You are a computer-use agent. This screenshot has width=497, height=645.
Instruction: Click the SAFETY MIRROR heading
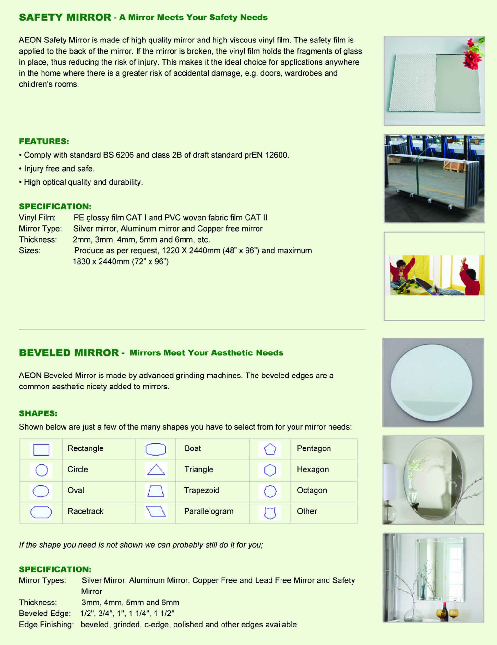pyautogui.click(x=65, y=18)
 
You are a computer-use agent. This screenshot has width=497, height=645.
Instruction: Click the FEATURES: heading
pyautogui.click(x=44, y=142)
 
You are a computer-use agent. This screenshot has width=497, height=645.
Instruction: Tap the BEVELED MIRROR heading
pyautogui.click(x=69, y=353)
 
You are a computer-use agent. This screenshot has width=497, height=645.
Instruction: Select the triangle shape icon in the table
pyautogui.click(x=156, y=470)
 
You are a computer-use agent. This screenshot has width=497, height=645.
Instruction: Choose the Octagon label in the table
pyautogui.click(x=312, y=490)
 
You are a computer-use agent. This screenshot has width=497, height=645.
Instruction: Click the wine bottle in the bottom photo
pyautogui.click(x=443, y=611)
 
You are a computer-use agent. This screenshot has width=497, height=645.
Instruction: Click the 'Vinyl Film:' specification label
pyautogui.click(x=37, y=218)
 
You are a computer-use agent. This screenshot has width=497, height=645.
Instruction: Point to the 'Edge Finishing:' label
pyautogui.click(x=46, y=624)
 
